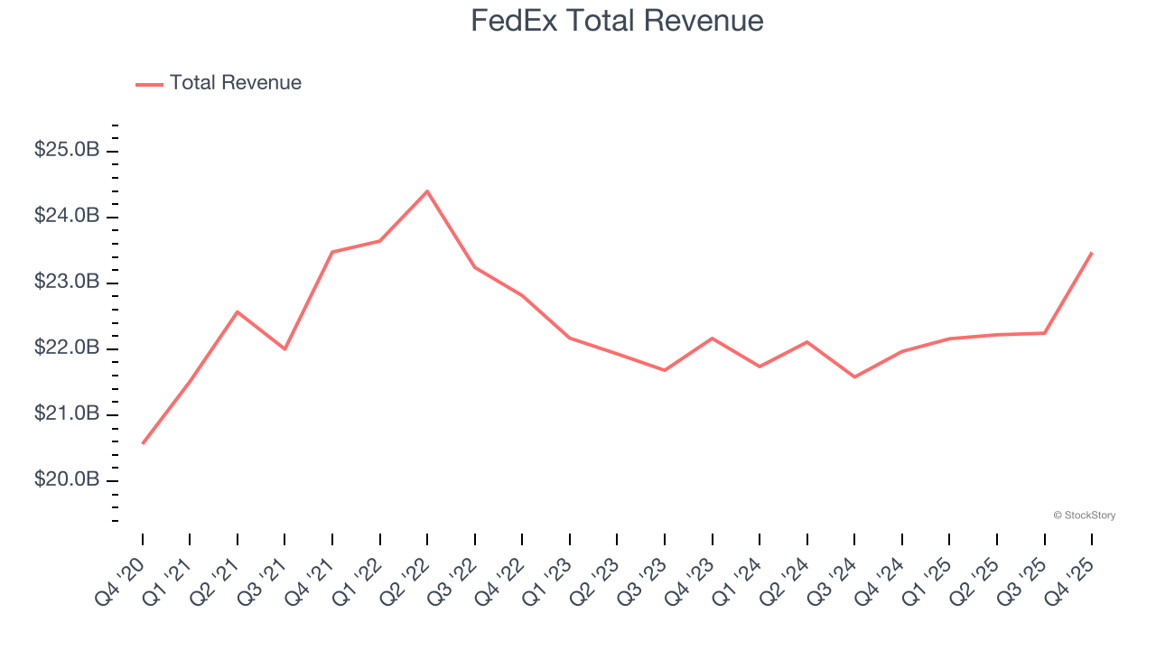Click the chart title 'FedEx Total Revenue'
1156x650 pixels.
(617, 21)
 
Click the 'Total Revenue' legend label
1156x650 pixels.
(235, 83)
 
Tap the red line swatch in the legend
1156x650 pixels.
(149, 84)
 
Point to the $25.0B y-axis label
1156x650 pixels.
(67, 150)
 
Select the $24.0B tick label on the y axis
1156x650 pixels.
(67, 216)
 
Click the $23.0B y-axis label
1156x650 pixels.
(67, 282)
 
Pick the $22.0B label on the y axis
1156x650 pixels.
(67, 348)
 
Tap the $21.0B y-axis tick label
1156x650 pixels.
(67, 413)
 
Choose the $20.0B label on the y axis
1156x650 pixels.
(67, 479)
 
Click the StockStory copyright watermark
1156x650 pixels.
(1084, 515)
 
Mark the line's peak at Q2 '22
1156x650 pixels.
(427, 190)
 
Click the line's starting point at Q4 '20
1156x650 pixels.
(143, 443)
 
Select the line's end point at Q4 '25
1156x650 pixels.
(1092, 253)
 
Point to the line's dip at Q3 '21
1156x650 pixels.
(284, 348)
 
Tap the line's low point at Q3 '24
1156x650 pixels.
(854, 376)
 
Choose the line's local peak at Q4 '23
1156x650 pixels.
(713, 338)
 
